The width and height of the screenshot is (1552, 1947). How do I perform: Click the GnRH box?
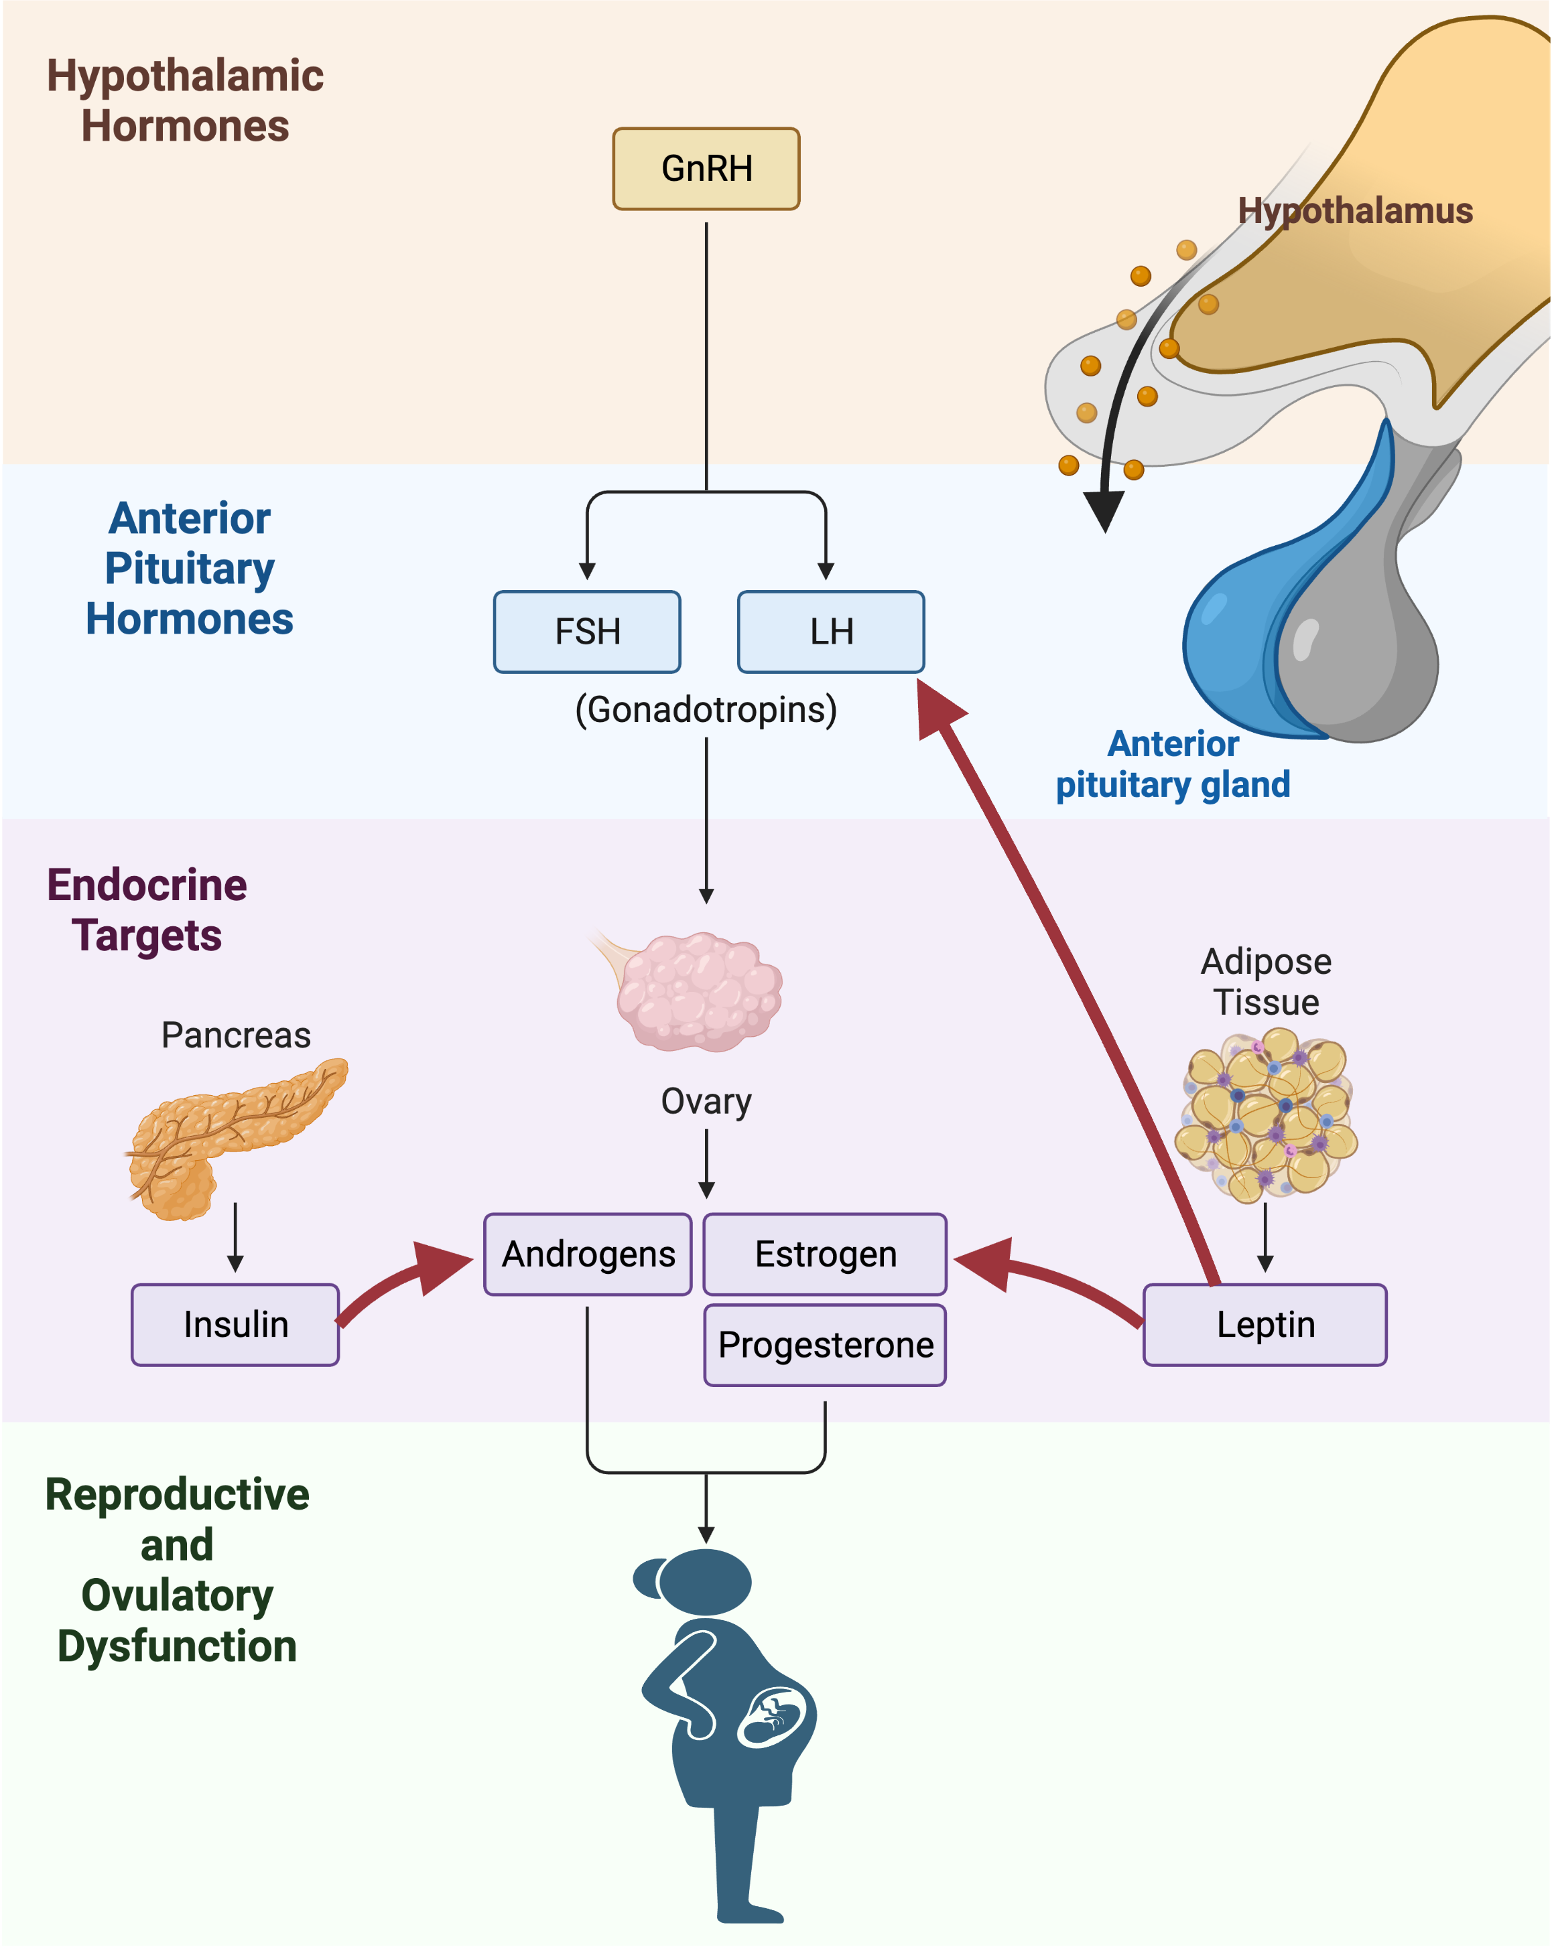tap(706, 169)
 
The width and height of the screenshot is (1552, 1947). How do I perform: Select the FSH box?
tap(587, 631)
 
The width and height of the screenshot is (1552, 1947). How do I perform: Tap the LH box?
tap(830, 631)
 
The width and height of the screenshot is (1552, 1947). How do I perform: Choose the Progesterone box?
tap(825, 1345)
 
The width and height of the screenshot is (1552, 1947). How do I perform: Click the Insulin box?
tap(235, 1324)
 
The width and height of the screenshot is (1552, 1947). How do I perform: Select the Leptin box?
tap(1264, 1324)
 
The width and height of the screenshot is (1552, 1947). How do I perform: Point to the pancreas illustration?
tap(226, 1133)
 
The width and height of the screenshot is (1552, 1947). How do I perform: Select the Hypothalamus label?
tap(1354, 210)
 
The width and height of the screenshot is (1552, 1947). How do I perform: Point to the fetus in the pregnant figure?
tap(773, 1716)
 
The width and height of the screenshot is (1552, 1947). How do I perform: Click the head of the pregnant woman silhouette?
tap(703, 1582)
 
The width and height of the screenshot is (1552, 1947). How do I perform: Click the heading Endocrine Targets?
tap(146, 910)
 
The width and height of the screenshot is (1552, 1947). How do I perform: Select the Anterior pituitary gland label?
tap(1173, 764)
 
